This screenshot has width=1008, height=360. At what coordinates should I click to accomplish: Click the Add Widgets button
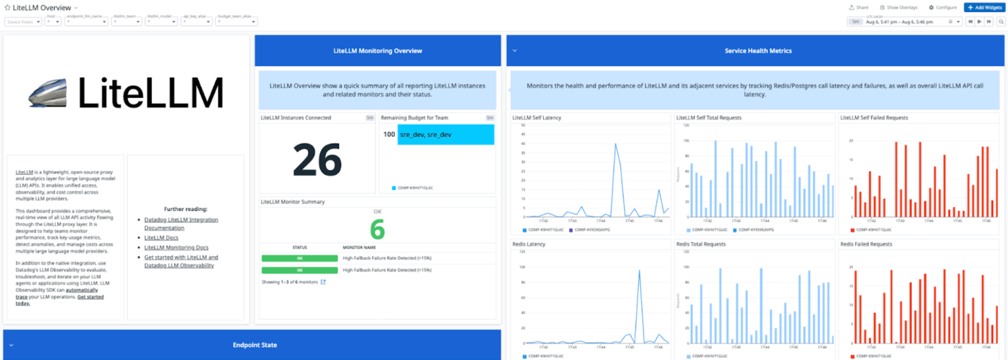984,7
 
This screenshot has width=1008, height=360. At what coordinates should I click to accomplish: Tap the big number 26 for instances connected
317,160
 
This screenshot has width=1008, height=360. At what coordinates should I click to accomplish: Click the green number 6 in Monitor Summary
377,230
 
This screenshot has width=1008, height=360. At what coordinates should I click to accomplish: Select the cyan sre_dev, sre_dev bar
445,135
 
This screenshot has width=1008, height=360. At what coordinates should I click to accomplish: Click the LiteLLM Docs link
161,237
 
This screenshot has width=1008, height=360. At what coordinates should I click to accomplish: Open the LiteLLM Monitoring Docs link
176,248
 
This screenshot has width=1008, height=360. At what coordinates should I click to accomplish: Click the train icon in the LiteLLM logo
48,93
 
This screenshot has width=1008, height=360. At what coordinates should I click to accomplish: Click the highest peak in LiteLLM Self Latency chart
616,144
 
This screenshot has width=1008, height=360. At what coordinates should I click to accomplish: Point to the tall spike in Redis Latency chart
639,271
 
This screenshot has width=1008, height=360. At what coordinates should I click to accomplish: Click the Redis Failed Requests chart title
866,244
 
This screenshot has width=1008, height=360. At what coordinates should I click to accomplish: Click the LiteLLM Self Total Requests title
709,118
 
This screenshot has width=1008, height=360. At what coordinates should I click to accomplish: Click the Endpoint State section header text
255,345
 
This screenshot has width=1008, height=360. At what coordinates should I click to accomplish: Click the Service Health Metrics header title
758,51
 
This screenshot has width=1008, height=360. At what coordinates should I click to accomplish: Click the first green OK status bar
299,258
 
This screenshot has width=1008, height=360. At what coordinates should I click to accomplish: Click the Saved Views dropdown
23,22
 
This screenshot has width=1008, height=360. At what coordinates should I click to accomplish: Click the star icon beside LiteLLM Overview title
7,7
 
